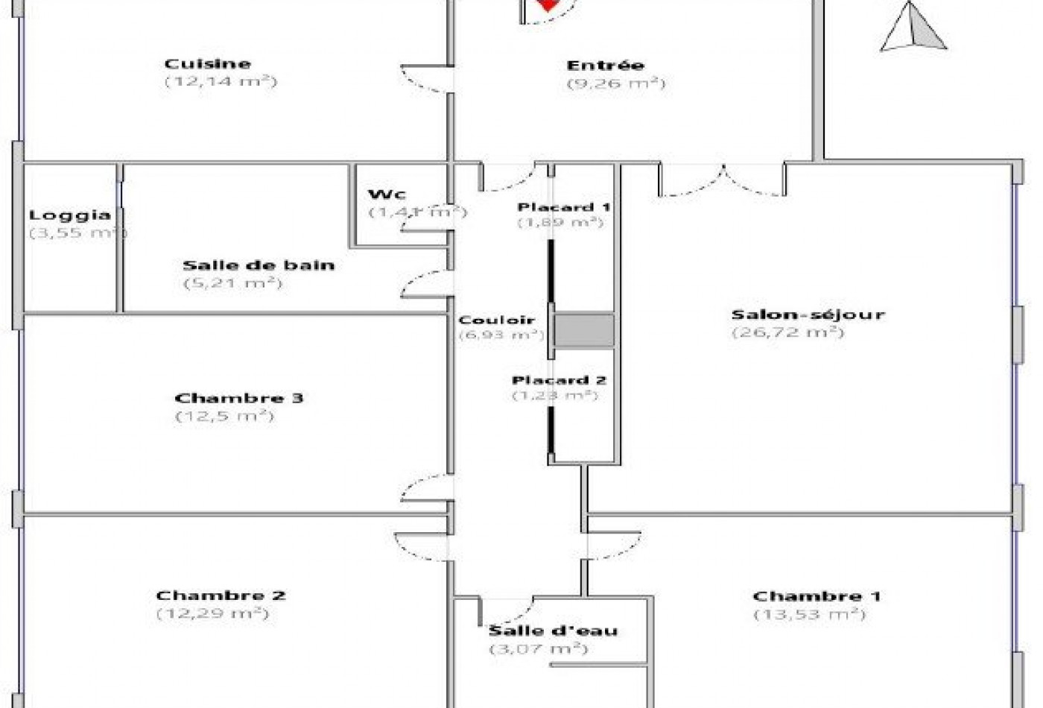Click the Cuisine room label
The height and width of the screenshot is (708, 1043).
pos(207,64)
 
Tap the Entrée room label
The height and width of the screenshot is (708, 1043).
pos(605,66)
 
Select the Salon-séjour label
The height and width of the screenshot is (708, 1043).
pos(808,315)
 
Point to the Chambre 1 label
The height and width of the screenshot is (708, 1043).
pos(817,596)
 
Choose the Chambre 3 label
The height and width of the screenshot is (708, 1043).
pos(238,398)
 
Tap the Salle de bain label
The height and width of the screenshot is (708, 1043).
pos(259,265)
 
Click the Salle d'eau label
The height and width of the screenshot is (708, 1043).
pos(553,631)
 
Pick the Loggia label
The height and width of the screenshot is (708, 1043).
pos(70,215)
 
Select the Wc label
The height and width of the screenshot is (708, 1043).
pos(387,195)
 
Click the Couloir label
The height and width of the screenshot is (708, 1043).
pos(497,320)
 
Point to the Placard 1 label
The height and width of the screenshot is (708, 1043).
pos(564,206)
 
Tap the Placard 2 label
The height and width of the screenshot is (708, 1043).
pos(559,380)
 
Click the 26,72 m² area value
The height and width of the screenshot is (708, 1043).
pos(788,332)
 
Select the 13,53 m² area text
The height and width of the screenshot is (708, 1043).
pos(810,615)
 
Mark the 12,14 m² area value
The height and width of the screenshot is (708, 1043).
pos(221,81)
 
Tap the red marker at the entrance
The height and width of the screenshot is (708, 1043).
pos(548,5)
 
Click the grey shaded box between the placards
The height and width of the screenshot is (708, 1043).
pos(585,331)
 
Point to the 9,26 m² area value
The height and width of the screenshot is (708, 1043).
pos(615,83)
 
